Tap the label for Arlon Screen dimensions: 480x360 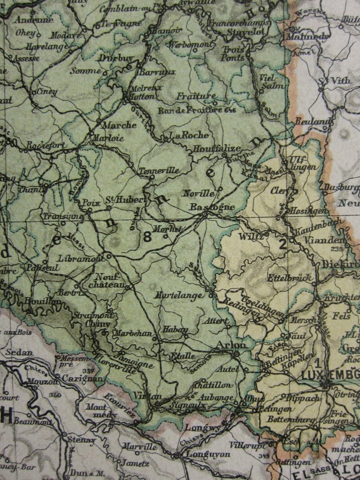[x=230, y=345]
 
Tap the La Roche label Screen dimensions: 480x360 [x=188, y=135]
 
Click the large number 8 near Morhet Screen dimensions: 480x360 [x=147, y=237]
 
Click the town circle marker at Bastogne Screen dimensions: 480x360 [x=204, y=215]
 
